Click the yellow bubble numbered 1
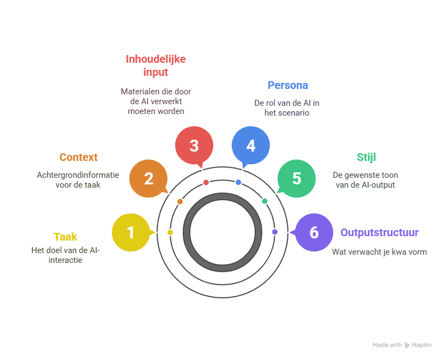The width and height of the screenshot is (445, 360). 130,233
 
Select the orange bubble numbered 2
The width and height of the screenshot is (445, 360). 148,178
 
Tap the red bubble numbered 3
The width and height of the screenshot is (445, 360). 194,146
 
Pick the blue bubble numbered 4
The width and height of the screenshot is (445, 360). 250,146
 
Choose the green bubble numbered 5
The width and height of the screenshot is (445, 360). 296,178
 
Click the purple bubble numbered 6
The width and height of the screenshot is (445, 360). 314,232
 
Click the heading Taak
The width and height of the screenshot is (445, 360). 65,237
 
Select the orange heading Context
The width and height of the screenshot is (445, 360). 79,157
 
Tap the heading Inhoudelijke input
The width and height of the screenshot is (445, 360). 155,65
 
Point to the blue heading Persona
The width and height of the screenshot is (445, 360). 287,85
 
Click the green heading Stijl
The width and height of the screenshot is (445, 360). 366,157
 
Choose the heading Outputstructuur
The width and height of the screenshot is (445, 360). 380,232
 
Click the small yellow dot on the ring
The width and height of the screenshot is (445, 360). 170,232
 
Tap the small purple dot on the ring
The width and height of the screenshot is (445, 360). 275,232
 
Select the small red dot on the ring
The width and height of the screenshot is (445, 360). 206,182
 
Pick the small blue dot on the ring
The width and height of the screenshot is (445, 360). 238,182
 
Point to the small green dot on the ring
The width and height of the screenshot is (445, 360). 264,201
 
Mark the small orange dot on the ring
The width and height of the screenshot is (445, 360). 180,201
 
